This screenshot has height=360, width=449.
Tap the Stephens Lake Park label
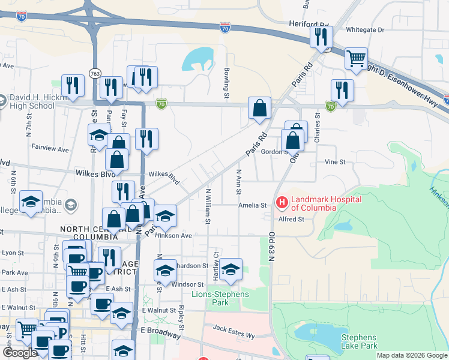359,341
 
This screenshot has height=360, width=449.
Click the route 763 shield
95,73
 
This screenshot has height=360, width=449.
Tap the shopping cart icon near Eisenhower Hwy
356,59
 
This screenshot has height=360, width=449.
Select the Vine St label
335,162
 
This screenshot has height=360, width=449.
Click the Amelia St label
252,205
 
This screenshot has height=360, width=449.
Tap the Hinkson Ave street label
173,236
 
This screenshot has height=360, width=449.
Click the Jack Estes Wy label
234,329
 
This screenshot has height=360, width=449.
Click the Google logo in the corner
19,353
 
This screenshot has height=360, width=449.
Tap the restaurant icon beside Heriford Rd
321,37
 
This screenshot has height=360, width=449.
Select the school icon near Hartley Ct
230,269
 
